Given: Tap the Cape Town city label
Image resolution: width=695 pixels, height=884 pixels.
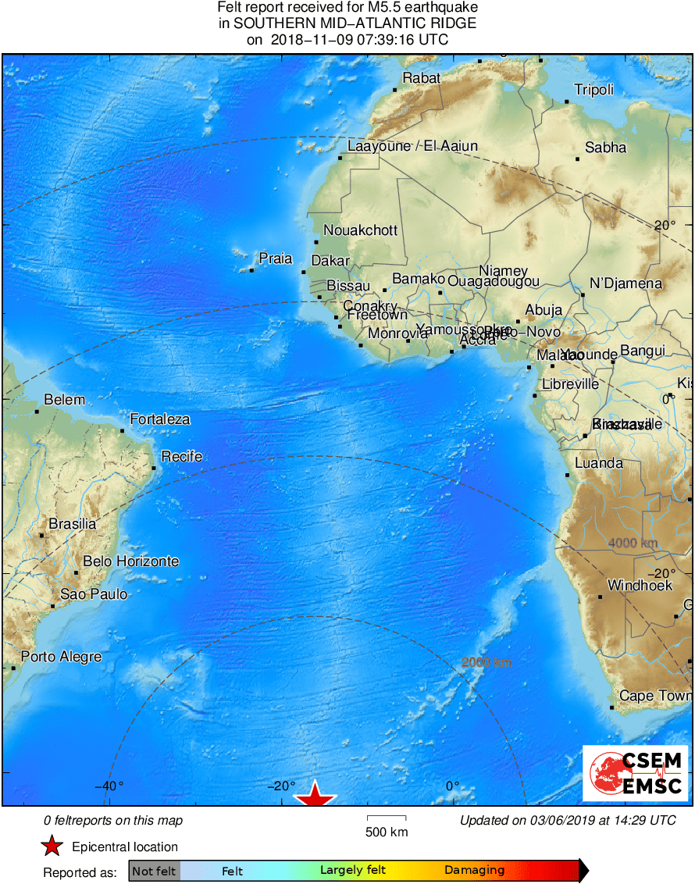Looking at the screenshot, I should [654, 696].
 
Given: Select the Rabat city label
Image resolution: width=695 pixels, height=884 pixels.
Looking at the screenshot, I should [422, 77].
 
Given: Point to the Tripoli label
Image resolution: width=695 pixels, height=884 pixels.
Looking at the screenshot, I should [593, 90].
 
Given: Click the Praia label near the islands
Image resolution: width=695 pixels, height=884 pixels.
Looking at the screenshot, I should [275, 258].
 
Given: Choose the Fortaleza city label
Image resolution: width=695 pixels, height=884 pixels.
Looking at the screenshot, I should [159, 419].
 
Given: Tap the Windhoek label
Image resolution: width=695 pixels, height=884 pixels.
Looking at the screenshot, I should [640, 585].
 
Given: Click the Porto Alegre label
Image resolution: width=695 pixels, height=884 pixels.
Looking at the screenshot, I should [61, 657].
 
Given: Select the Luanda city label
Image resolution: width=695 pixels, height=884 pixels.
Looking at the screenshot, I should [598, 463].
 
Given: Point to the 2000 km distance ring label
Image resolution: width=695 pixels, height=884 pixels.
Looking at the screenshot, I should [486, 662].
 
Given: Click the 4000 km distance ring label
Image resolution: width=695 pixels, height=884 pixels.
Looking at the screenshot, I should [633, 543].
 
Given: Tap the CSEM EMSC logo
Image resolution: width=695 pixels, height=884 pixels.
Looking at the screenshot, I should [635, 773].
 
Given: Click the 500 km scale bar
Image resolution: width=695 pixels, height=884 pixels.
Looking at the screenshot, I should [387, 818].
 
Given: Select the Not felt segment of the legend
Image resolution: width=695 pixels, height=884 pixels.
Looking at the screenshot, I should [154, 870].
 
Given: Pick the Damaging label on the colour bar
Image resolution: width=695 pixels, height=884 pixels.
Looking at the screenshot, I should [474, 870].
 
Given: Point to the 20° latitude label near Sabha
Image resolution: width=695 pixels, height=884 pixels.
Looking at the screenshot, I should [665, 225].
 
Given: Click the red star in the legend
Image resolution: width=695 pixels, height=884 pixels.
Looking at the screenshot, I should [52, 847].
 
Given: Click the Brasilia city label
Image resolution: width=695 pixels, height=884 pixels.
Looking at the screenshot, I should [72, 524].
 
